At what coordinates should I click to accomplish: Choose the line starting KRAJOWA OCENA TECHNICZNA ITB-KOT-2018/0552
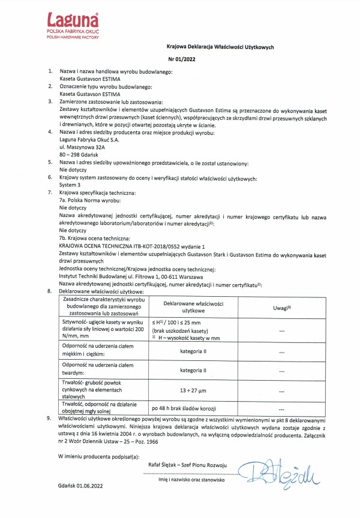coord(133,246)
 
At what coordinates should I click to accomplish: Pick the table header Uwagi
coord(282,307)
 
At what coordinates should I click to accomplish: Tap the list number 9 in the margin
coord(49,416)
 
